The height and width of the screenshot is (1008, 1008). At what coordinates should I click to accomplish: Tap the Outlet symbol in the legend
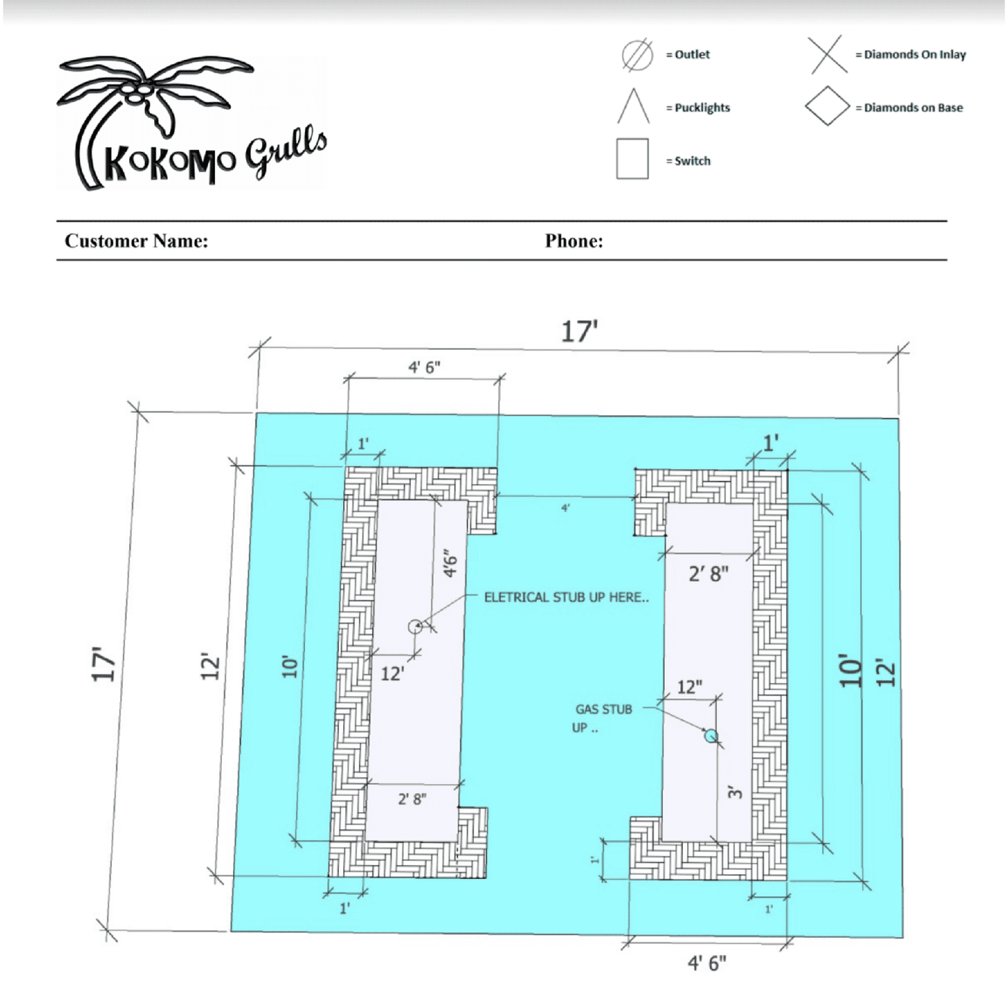click(x=637, y=55)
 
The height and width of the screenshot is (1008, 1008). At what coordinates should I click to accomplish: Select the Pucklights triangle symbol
click(x=633, y=105)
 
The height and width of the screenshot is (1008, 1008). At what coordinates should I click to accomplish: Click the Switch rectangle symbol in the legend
click(x=633, y=159)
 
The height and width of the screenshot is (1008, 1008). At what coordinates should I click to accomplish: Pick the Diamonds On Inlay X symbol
click(x=827, y=54)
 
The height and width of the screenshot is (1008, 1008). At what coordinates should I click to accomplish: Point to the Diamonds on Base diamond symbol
click(x=827, y=106)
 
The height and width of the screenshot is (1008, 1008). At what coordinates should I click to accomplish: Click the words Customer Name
click(x=136, y=241)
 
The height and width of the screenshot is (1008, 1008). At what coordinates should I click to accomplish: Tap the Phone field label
click(x=574, y=241)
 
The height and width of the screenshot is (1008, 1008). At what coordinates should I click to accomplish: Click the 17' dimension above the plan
click(x=579, y=331)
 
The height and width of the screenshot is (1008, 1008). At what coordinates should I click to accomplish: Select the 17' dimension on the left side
click(x=103, y=664)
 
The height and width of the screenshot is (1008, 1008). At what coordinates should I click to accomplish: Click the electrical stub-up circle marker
click(x=415, y=626)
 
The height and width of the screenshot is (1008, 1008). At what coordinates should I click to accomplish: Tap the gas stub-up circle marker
click(x=710, y=736)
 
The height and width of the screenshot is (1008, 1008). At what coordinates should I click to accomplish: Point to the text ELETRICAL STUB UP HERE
click(x=566, y=597)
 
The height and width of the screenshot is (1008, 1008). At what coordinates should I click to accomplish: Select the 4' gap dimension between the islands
click(x=566, y=507)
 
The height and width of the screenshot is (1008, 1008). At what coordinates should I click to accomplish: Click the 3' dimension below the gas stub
click(x=735, y=793)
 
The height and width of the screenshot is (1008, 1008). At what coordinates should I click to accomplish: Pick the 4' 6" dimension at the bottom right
click(x=707, y=963)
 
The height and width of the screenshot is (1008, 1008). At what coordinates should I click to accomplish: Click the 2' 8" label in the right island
click(x=708, y=574)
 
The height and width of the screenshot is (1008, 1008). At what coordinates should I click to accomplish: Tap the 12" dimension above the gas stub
click(x=689, y=687)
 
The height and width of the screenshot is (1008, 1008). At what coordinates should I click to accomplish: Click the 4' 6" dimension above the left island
click(x=424, y=367)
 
